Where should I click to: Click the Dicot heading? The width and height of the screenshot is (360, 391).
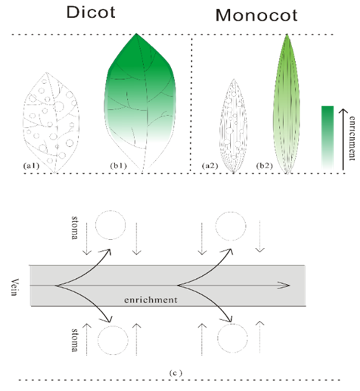(x=91, y=12)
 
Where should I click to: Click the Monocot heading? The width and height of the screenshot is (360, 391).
(x=257, y=15)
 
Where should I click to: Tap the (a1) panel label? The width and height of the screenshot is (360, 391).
(x=31, y=165)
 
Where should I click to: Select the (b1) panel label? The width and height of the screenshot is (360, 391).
(x=119, y=165)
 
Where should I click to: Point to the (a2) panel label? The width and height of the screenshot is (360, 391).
(x=210, y=165)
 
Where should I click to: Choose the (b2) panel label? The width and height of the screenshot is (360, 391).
(x=265, y=165)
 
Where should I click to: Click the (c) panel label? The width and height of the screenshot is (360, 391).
(x=176, y=373)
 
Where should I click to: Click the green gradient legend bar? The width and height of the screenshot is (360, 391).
(x=328, y=138)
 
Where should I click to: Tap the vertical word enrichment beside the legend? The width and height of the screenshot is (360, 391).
(x=352, y=138)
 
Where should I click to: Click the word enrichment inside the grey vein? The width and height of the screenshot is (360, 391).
(x=150, y=300)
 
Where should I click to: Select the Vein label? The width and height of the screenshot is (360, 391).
(x=15, y=287)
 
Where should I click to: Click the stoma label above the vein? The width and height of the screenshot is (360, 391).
(x=75, y=227)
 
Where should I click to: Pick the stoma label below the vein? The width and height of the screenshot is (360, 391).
(x=75, y=340)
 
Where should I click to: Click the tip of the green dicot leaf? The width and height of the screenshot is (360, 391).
(x=136, y=34)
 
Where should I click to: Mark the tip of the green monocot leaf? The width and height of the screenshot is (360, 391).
(x=287, y=35)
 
